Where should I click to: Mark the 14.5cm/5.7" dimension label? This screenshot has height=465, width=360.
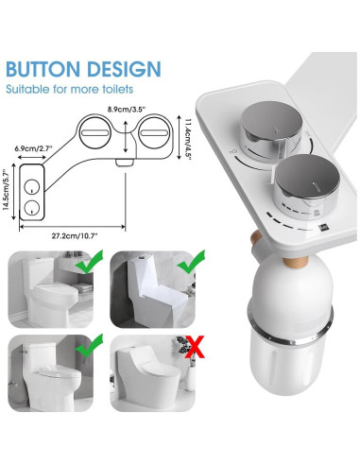(9, 186)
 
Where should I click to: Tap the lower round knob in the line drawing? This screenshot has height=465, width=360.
(35, 203)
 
